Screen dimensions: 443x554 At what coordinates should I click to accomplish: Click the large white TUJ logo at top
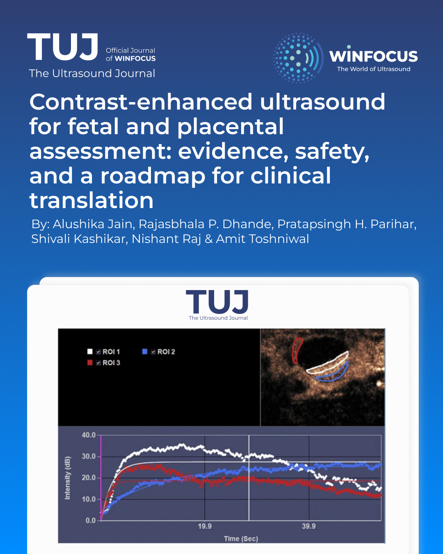tap(62, 47)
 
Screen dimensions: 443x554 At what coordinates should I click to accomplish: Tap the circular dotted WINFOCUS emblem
tap(298, 58)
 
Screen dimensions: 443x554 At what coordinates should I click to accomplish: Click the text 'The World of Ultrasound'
tap(374, 69)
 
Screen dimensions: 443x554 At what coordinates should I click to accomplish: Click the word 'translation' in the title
tap(91, 200)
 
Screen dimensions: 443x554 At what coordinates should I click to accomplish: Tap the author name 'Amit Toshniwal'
tap(262, 239)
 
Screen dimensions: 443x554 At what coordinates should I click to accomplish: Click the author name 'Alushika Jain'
tap(92, 224)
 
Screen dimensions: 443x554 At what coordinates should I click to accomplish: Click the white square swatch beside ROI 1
tap(89, 351)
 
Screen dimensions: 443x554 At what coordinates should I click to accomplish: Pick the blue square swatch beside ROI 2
tap(145, 351)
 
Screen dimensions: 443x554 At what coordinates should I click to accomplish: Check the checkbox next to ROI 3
tap(98, 363)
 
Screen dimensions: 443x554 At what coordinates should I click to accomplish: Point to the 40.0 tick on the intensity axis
tap(89, 435)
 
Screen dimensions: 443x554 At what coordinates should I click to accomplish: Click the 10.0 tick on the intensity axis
tap(89, 499)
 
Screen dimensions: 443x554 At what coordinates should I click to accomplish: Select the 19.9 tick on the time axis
tap(205, 526)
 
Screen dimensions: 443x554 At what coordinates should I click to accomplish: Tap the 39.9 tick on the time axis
tap(308, 526)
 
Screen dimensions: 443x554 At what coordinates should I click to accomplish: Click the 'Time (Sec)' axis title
tap(241, 539)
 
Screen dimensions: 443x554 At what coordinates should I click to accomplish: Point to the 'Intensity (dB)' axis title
tap(67, 478)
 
